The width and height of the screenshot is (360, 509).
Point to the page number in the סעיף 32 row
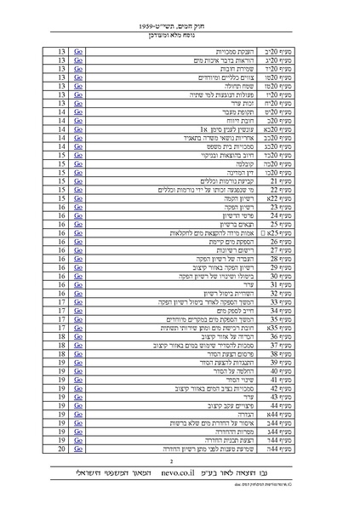tap(62, 293)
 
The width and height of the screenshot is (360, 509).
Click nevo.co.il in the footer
tap(182, 470)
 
